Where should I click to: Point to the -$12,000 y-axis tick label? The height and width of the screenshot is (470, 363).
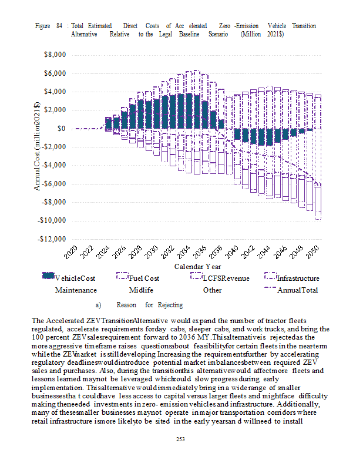click(52, 239)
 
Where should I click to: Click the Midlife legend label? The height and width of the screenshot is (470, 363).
click(141, 290)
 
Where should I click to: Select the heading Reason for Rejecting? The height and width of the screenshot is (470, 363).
click(149, 305)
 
